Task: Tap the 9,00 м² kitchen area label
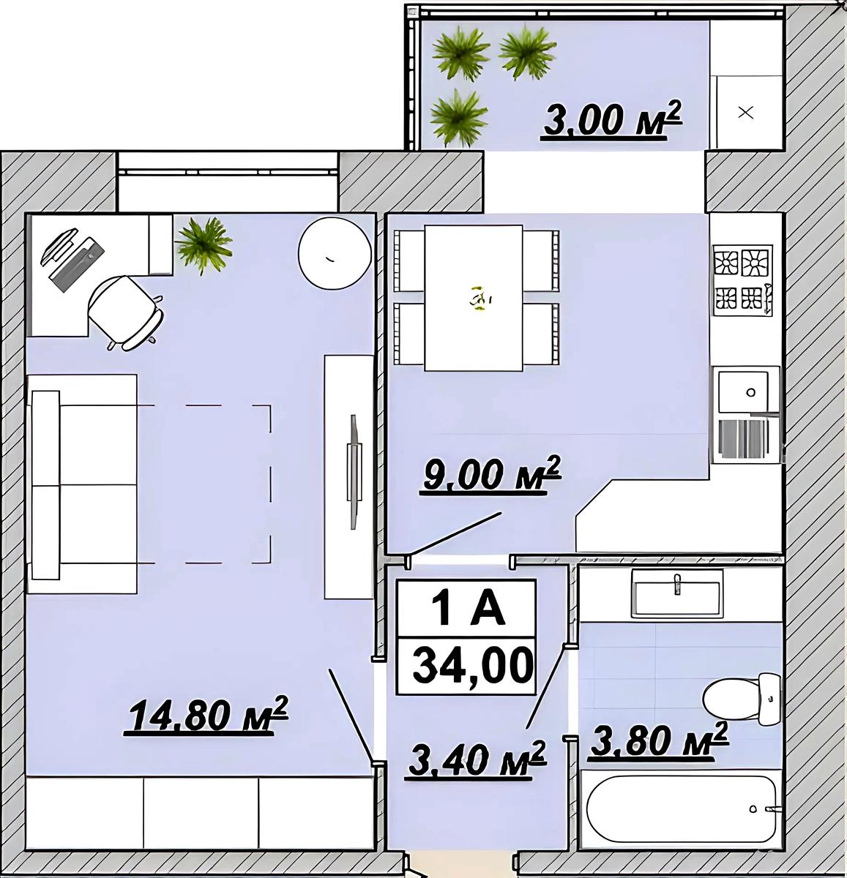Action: pyautogui.click(x=492, y=475)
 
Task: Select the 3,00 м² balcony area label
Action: pyautogui.click(x=612, y=119)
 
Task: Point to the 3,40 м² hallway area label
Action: pyautogui.click(x=477, y=759)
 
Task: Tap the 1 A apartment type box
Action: pyautogui.click(x=466, y=609)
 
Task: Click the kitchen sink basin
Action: pyautogui.click(x=743, y=391)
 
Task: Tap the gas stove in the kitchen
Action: pyautogui.click(x=742, y=280)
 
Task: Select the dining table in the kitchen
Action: pyautogui.click(x=474, y=298)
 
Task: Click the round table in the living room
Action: pyautogui.click(x=335, y=254)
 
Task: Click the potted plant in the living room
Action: pyautogui.click(x=204, y=245)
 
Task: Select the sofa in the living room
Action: pyautogui.click(x=82, y=484)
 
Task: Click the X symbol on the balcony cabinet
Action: pyautogui.click(x=746, y=113)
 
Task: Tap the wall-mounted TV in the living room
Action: pyautogui.click(x=355, y=471)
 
